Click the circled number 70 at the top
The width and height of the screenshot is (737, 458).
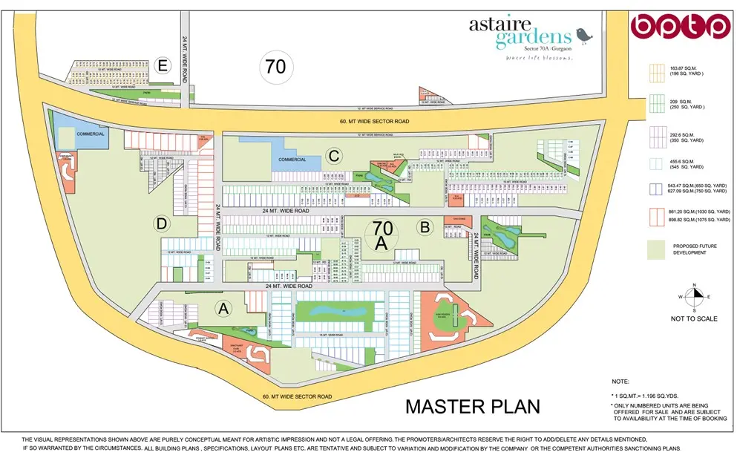[x=275, y=67]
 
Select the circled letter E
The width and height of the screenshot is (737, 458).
[x=164, y=67]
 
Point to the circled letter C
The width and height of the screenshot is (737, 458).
[x=335, y=156]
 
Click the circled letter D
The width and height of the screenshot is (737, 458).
[x=161, y=223]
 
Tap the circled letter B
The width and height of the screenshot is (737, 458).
[x=425, y=228]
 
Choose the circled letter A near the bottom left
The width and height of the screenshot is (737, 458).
[x=222, y=307]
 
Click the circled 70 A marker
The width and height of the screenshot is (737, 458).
[x=382, y=235]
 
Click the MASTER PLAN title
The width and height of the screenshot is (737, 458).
[x=473, y=406]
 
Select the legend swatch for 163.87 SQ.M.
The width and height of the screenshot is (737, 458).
[x=656, y=72]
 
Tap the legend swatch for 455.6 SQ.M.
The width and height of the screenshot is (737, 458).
[x=656, y=163]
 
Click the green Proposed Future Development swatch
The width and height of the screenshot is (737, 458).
[x=656, y=250]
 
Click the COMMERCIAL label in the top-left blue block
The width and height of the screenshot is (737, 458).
[x=90, y=134]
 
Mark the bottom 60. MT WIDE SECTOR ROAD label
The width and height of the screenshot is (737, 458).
[x=297, y=397]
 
